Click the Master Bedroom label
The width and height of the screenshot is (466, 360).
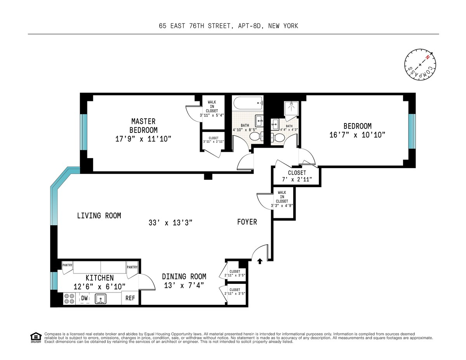pyautogui.click(x=143, y=126)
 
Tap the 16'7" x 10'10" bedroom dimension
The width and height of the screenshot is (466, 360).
pyautogui.click(x=357, y=135)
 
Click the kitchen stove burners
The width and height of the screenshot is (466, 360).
pyautogui.click(x=69, y=299)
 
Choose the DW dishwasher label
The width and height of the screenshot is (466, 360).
pyautogui.click(x=85, y=298)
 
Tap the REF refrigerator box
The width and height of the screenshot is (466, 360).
pyautogui.click(x=130, y=298)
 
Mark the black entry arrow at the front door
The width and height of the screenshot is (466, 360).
pyautogui.click(x=260, y=261)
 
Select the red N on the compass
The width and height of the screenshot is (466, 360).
pyautogui.click(x=427, y=57)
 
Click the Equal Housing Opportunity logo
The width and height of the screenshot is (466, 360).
pyautogui.click(x=36, y=338)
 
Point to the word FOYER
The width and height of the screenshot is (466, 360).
pyautogui.click(x=247, y=222)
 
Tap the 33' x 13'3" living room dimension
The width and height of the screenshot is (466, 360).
pyautogui.click(x=170, y=223)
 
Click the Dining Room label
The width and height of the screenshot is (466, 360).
pyautogui.click(x=184, y=277)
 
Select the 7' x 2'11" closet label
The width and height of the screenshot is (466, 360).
pyautogui.click(x=297, y=179)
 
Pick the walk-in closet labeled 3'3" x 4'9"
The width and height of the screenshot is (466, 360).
pyautogui.click(x=283, y=203)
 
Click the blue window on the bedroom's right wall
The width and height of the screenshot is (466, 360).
pyautogui.click(x=412, y=131)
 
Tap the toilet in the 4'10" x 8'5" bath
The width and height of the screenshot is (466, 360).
pyautogui.click(x=257, y=137)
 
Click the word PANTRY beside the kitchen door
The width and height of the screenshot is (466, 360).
pyautogui.click(x=132, y=267)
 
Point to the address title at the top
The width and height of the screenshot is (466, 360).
pyautogui.click(x=228, y=26)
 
